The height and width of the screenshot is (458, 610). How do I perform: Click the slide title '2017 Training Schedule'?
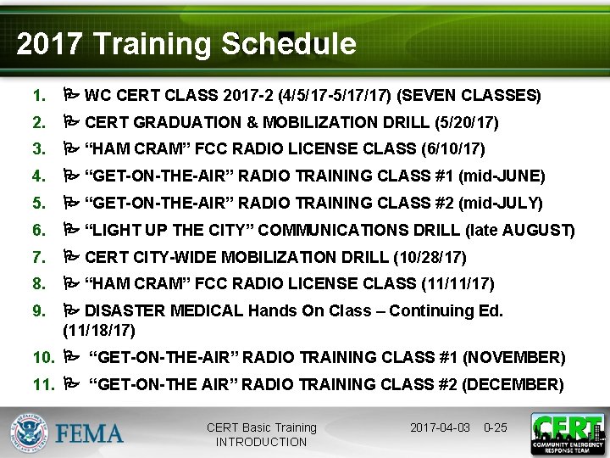point(186,44)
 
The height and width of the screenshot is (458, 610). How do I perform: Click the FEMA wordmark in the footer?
point(90,434)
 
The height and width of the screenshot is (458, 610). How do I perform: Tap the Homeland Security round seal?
point(29,434)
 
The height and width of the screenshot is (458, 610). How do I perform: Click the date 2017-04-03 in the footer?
point(440,427)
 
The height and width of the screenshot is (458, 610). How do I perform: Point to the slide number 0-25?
point(495,427)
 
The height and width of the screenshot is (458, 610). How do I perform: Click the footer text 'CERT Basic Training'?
point(261,427)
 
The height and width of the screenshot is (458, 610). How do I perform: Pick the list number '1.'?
point(40,95)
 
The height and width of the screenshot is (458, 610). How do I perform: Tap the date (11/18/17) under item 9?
point(98,330)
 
